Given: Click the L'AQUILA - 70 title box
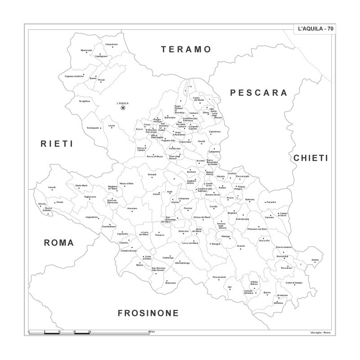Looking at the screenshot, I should [315, 29].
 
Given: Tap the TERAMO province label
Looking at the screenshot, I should [186, 49].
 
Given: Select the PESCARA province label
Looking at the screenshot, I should [258, 93].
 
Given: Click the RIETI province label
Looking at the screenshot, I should [57, 144].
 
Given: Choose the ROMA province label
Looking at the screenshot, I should [58, 243].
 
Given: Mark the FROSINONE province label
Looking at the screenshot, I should [148, 313].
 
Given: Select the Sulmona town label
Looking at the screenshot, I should [250, 199].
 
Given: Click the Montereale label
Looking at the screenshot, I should [86, 50].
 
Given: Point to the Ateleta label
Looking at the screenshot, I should [315, 260].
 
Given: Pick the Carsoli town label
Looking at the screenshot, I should [52, 187].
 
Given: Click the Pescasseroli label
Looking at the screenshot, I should [219, 276].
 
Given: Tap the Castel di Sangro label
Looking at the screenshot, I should [294, 283].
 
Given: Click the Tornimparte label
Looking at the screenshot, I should [93, 128].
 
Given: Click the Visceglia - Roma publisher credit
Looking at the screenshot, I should [320, 332].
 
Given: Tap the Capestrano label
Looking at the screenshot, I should [215, 131].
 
